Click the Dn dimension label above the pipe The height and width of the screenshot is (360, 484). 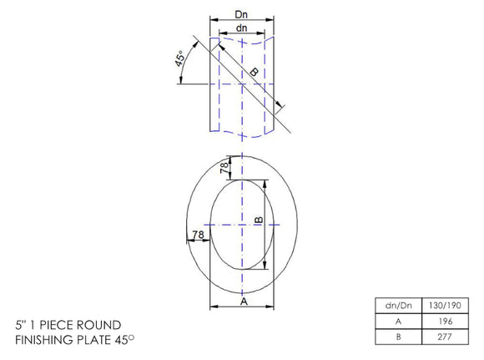241,15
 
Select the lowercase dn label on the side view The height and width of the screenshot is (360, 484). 241,28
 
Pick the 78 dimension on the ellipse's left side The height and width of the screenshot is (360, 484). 198,236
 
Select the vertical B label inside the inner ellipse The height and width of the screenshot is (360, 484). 259,221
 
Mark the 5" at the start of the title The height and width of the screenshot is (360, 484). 21,324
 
